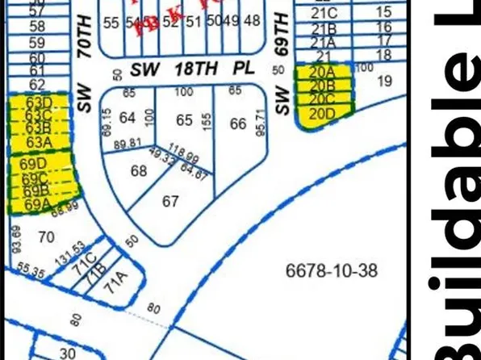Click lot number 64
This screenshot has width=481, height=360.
coord(127,118)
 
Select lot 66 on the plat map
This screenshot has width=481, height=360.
coord(237,123)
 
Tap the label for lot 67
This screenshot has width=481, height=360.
coord(170,201)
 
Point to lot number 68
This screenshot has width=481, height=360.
coord(139,171)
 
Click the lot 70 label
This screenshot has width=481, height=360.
coord(46,237)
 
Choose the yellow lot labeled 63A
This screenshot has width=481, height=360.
coord(39,142)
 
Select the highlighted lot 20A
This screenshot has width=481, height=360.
coord(322,73)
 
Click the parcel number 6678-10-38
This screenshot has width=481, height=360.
coord(332,270)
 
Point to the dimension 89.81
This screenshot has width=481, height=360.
coord(127,143)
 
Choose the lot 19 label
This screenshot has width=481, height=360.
coord(383,80)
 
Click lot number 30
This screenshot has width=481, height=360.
coord(67,353)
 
